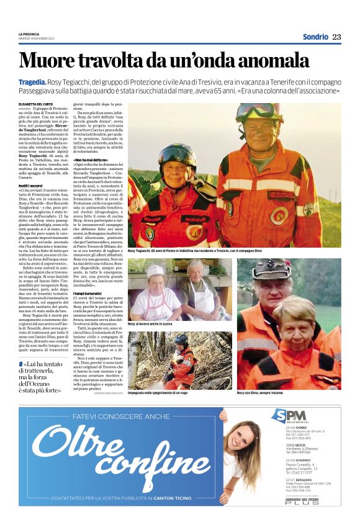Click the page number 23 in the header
pos(336,37)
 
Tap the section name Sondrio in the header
pos(315,37)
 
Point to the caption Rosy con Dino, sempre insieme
pos(267,394)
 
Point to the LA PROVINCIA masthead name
pos(29,34)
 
